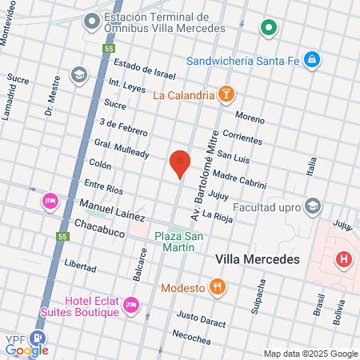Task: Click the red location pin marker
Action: (x=180, y=162)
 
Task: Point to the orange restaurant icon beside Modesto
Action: (x=216, y=287)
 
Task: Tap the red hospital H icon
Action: (x=344, y=260)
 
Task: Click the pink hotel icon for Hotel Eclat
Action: (x=131, y=305)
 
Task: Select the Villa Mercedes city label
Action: (x=258, y=260)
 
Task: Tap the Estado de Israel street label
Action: (x=144, y=70)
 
